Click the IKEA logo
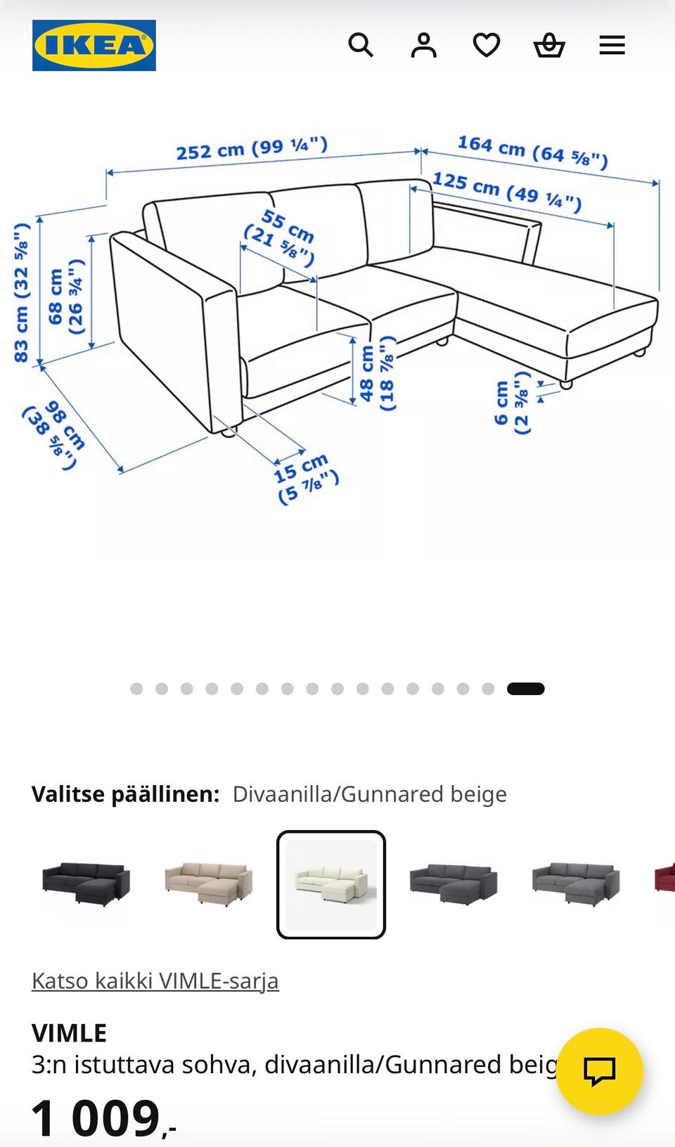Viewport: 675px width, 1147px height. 94,45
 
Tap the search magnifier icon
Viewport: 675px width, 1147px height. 361,45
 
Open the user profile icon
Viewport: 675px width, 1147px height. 423,45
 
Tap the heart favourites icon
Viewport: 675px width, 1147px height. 486,45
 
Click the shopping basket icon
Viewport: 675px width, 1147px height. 549,45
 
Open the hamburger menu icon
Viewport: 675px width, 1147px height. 612,45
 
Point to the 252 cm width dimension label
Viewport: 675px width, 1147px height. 252,148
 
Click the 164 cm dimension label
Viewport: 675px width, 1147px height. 533,152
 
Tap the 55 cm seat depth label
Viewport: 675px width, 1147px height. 279,238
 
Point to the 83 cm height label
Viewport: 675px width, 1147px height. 22,292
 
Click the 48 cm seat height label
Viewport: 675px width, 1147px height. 377,373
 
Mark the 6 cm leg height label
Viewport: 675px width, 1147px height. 511,403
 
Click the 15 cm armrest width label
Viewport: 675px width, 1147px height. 306,479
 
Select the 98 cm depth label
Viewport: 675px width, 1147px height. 54,435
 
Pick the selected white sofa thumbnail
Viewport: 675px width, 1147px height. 331,884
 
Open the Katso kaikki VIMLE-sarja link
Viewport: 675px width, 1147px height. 155,981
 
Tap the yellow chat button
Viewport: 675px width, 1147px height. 599,1071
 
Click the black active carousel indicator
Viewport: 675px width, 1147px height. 525,689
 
